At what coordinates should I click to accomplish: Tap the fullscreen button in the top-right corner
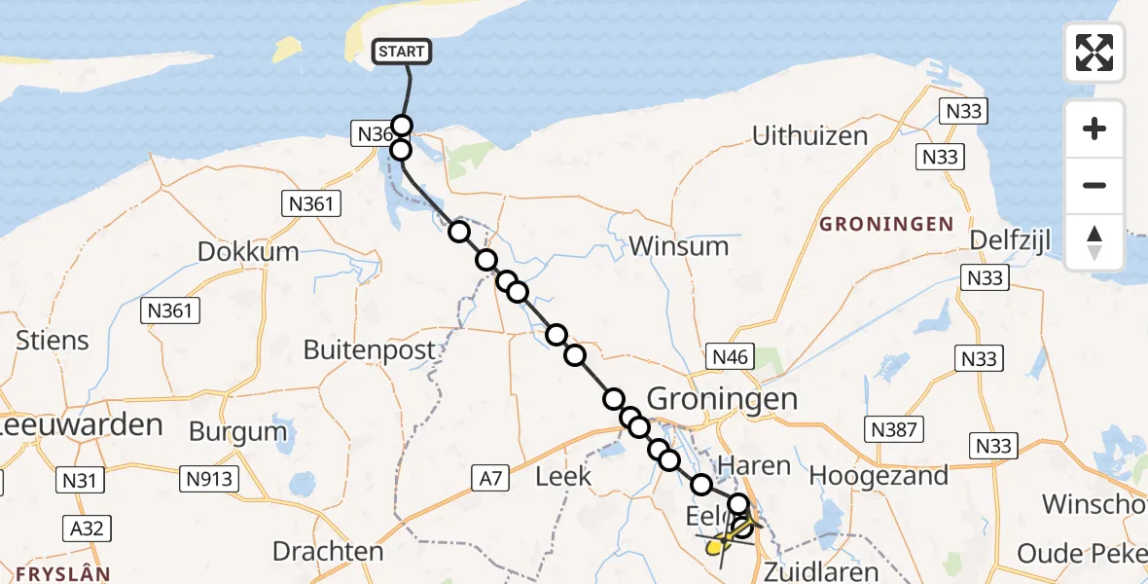[x=1094, y=53]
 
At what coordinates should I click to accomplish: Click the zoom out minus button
[x=1094, y=185]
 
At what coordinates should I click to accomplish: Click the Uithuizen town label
[x=809, y=135]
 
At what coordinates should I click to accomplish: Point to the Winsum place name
[x=678, y=245]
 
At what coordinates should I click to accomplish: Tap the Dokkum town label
[x=248, y=251]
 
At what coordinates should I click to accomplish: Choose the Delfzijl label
[x=1011, y=239]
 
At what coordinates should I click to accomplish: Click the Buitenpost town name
[x=370, y=349]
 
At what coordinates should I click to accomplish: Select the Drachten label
[x=328, y=552]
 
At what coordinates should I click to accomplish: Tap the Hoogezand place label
[x=879, y=476]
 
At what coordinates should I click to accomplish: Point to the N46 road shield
[x=730, y=357]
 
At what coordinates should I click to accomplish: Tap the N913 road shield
[x=211, y=477]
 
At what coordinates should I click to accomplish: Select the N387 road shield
[x=894, y=429]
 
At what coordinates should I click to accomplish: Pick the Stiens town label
[x=53, y=341]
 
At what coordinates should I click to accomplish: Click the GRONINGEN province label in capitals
[x=886, y=225]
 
